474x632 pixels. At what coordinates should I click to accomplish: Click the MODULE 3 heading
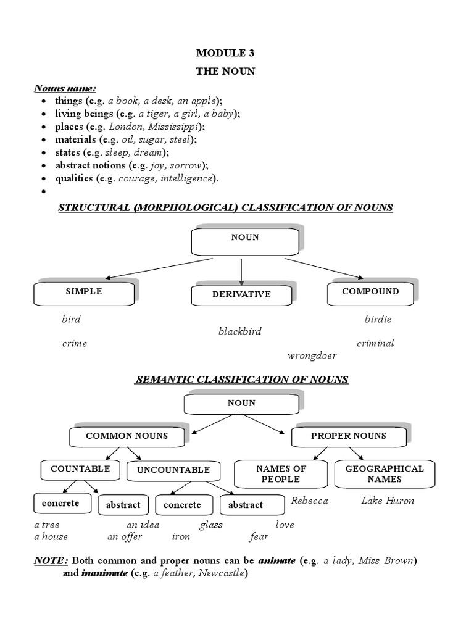tap(225, 52)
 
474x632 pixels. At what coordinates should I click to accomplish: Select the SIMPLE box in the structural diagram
tap(84, 292)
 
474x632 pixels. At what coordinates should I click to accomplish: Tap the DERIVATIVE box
tap(241, 294)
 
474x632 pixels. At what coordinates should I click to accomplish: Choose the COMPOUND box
tap(371, 291)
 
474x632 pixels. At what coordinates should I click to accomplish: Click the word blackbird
tap(239, 331)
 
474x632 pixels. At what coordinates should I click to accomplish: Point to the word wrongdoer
tap(312, 356)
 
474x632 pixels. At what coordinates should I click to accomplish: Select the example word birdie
tap(378, 320)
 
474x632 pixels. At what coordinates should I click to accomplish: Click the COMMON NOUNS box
tap(127, 436)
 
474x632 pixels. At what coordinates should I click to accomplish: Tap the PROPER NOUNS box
tap(348, 436)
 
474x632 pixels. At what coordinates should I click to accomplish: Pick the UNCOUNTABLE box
tap(173, 470)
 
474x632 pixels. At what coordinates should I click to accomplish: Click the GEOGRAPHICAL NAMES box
tap(385, 473)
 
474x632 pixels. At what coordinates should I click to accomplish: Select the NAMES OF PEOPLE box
tap(280, 473)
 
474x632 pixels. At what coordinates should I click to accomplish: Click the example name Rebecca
tap(309, 501)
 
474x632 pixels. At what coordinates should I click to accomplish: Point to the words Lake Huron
tap(388, 501)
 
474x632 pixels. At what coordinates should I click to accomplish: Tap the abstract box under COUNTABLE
tap(123, 505)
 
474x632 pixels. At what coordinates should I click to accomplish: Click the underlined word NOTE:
tap(51, 561)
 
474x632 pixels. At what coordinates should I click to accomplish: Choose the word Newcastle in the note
tap(220, 573)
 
